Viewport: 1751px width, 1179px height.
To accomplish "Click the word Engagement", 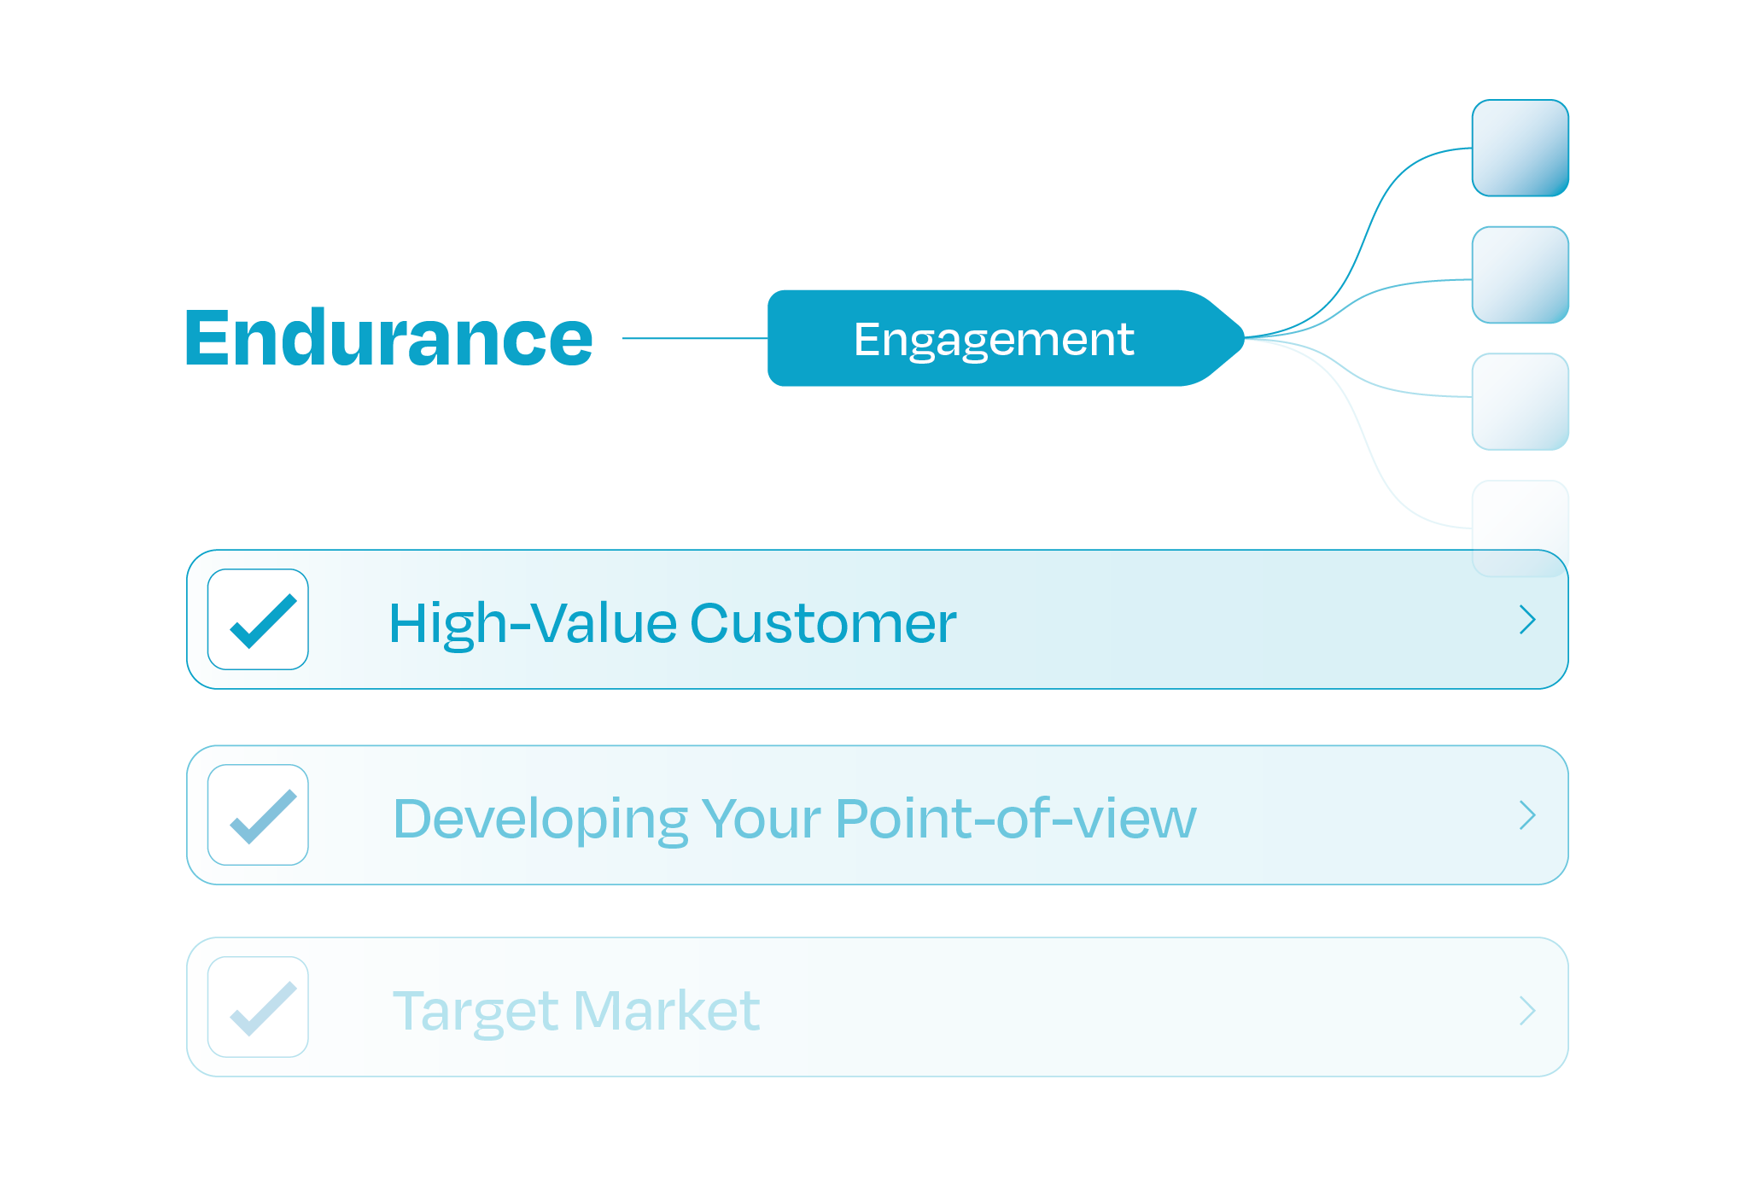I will [x=994, y=340].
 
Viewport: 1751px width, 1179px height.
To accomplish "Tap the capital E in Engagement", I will [x=867, y=340].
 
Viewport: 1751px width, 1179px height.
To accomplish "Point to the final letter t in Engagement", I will [x=1126, y=340].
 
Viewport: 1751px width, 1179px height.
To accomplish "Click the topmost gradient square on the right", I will [x=1520, y=148].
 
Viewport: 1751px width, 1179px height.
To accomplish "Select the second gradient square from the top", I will [x=1520, y=275].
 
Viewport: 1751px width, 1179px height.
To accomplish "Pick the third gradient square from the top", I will [x=1520, y=401].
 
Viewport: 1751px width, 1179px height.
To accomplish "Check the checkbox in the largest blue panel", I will [x=258, y=619].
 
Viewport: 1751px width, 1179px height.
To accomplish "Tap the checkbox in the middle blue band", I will [x=258, y=814].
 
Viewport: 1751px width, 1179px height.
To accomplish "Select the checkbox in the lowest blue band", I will [x=258, y=1007].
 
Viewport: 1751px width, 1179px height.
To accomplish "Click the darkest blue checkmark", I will [x=263, y=622].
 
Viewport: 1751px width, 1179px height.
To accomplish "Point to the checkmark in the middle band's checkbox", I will [x=263, y=818].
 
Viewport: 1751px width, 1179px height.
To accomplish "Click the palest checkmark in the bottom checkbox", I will [x=263, y=1010].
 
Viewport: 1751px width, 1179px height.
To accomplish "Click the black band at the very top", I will [x=875, y=49].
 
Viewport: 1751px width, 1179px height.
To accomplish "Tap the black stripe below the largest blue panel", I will [x=875, y=716].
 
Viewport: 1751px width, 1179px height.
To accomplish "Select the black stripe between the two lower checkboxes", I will [x=875, y=910].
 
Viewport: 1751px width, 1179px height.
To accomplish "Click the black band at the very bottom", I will [x=875, y=1128].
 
